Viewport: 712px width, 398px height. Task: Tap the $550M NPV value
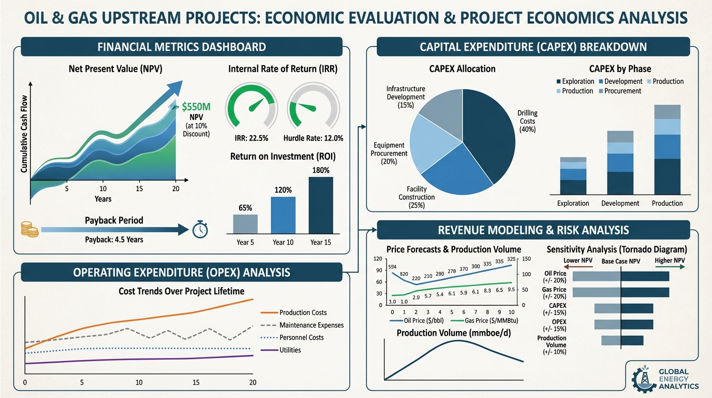click(x=197, y=107)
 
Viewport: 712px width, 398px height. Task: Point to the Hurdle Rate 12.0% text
click(x=313, y=138)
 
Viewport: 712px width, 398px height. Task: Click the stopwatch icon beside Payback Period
click(x=200, y=230)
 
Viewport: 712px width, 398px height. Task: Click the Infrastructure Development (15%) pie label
click(x=406, y=96)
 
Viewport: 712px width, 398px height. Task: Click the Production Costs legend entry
click(x=302, y=312)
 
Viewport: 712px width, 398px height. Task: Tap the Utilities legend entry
click(x=290, y=350)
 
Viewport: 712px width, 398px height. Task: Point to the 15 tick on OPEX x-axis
click(x=196, y=382)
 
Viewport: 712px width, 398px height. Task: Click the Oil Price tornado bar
click(x=621, y=276)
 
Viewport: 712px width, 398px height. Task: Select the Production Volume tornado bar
click(x=622, y=340)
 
